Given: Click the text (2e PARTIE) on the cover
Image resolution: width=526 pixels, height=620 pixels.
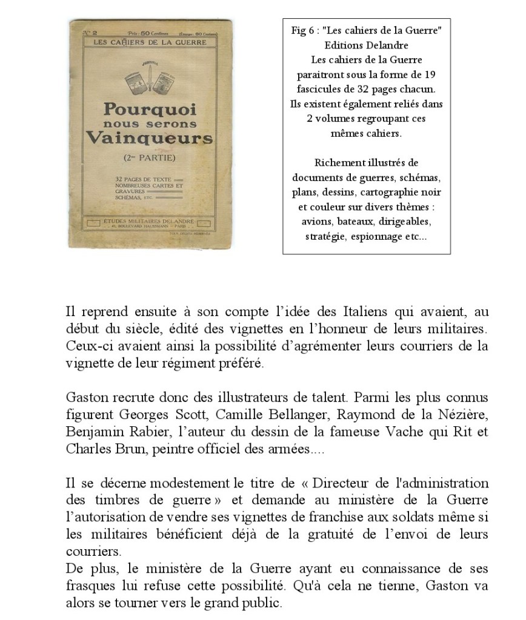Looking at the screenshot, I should click(149, 158).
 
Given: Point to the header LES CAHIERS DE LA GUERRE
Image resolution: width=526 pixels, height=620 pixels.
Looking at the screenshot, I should click(149, 42).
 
